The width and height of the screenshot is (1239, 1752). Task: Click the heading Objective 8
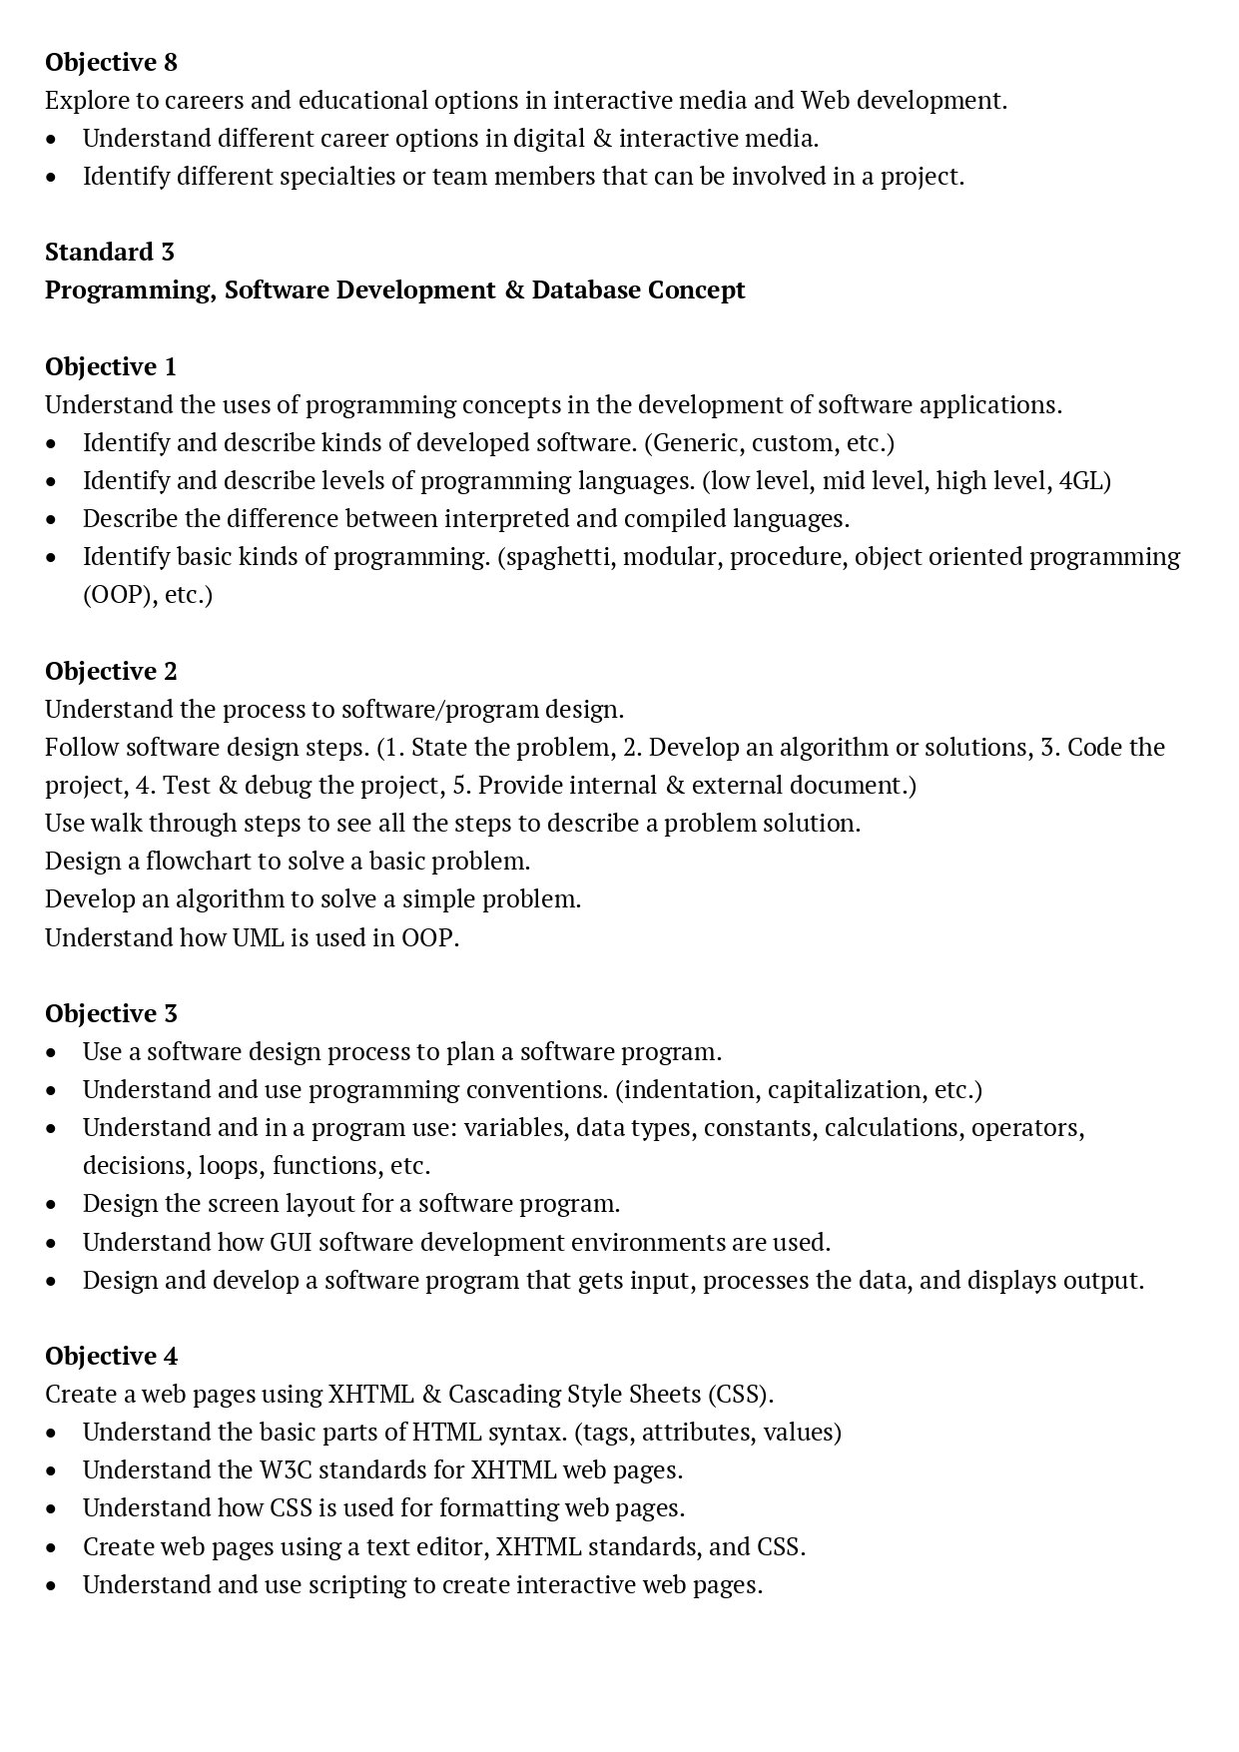[111, 62]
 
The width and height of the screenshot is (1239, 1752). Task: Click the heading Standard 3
[109, 252]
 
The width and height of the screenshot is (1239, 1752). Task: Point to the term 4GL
[1082, 480]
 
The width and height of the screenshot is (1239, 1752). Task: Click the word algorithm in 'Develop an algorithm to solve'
[230, 898]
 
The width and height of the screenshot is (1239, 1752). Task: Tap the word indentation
[688, 1089]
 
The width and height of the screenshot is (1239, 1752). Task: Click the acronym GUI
[291, 1242]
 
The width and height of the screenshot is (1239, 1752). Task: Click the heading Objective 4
[111, 1356]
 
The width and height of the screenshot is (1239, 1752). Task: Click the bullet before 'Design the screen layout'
[52, 1204]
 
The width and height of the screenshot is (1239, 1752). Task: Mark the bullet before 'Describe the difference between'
[52, 519]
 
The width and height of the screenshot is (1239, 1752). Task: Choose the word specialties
[331, 176]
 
